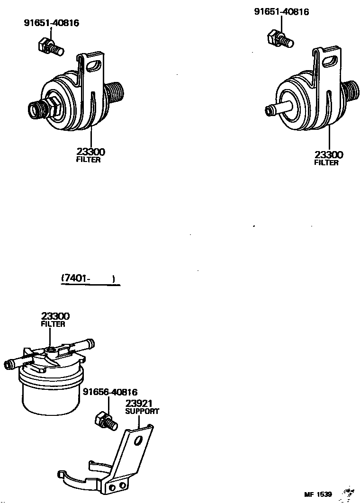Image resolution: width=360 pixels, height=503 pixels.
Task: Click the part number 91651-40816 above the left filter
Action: coord(52,22)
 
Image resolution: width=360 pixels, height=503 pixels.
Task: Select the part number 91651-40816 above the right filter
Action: coord(281,11)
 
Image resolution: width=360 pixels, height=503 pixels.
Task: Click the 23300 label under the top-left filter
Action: coord(90,152)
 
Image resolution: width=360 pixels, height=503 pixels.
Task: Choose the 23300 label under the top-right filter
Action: coord(329,154)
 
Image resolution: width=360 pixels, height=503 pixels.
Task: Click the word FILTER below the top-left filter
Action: coord(89,160)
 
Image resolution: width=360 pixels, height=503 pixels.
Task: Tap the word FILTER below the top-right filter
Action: coord(326,163)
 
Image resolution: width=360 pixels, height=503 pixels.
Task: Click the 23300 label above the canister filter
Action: coord(55,316)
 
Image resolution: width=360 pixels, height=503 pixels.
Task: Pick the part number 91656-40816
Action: coord(110,392)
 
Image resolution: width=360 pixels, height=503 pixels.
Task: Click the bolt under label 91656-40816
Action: coord(106,421)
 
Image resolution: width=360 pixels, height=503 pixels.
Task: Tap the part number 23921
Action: coord(138,403)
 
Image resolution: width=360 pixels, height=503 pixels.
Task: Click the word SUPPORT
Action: coord(142,411)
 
